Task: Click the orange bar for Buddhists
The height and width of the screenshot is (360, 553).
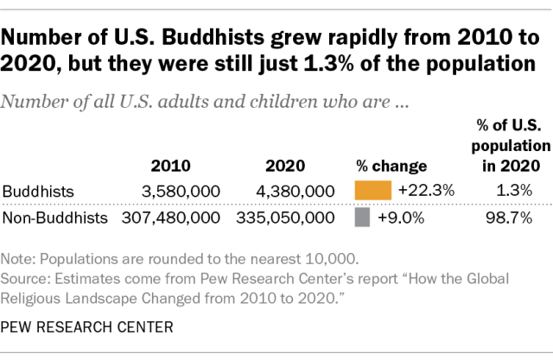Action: tap(372, 190)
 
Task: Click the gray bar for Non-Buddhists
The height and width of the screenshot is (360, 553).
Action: tap(362, 218)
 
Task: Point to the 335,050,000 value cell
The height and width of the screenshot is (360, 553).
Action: tap(278, 218)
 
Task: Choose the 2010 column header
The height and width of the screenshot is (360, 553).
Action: tap(170, 166)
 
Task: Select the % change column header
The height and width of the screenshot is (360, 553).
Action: tap(391, 166)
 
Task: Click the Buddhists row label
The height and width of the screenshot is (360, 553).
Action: tap(37, 191)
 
